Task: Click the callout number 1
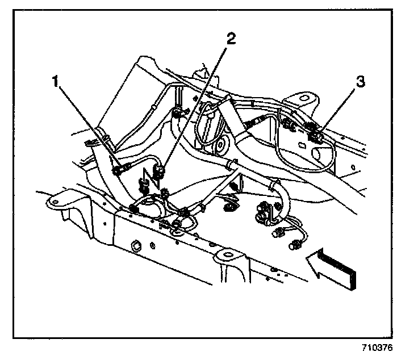(x=56, y=81)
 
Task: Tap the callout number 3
(x=359, y=82)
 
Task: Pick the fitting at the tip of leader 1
(x=119, y=169)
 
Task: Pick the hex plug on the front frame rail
(x=136, y=246)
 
